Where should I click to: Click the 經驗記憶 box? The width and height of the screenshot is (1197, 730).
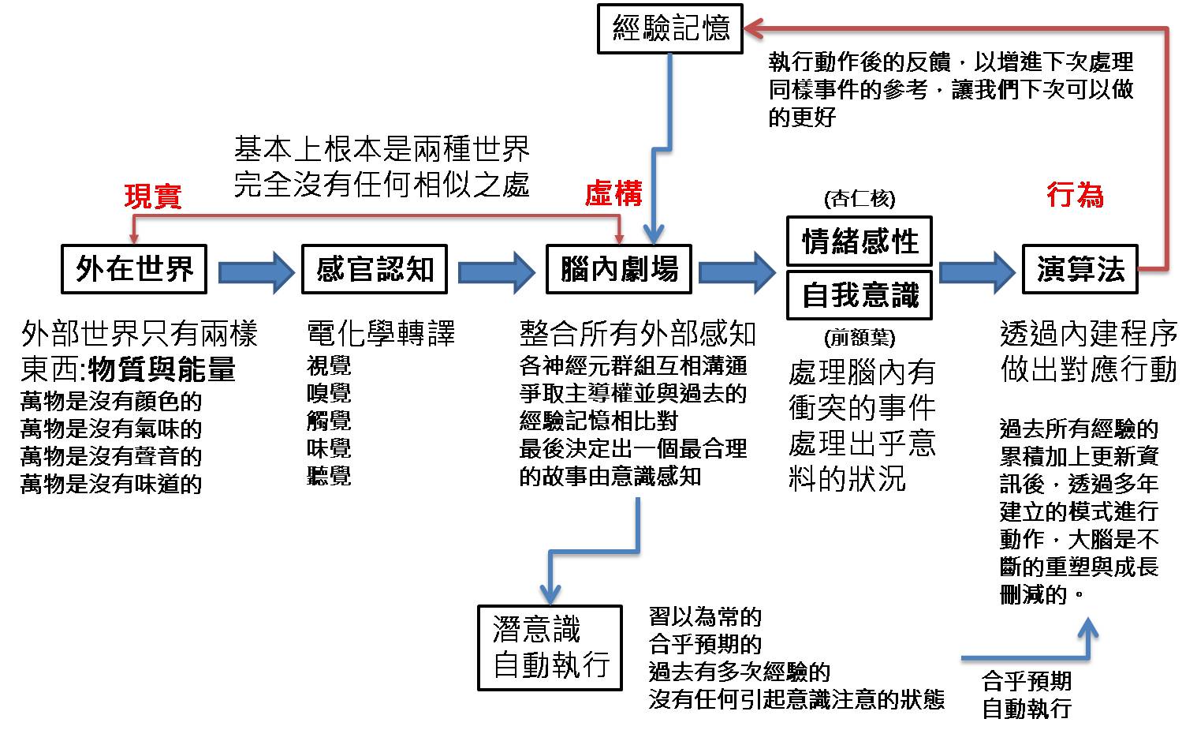point(670,28)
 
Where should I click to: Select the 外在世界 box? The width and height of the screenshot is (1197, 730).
point(134,269)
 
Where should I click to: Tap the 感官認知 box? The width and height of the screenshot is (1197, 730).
point(375,269)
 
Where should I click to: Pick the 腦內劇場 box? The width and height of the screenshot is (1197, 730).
point(619,269)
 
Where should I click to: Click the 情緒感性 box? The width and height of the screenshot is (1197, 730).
point(860,241)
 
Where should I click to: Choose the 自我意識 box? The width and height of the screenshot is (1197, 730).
point(860,295)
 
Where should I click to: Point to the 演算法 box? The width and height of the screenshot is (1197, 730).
point(1080,269)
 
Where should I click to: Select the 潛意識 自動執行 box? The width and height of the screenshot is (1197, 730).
point(550,648)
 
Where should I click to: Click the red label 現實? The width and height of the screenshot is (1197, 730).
point(153,197)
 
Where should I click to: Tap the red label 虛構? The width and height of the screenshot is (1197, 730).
point(613,193)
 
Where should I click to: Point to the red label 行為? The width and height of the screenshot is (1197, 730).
point(1075,194)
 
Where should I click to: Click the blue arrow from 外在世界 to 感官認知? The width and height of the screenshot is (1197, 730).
point(256,273)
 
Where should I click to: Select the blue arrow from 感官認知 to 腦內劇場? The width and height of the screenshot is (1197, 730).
point(497,273)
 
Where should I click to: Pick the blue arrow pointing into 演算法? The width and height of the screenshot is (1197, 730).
point(977,273)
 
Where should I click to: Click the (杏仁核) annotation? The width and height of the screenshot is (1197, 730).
point(860,199)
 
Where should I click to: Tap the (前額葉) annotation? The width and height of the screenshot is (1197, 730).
point(860,337)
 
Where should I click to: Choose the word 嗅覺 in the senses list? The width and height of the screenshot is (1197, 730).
point(329,394)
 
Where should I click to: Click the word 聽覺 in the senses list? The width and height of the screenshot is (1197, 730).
point(329,476)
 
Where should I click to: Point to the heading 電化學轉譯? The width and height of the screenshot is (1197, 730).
point(381,333)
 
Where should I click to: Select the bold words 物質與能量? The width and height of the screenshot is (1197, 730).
point(162,369)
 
